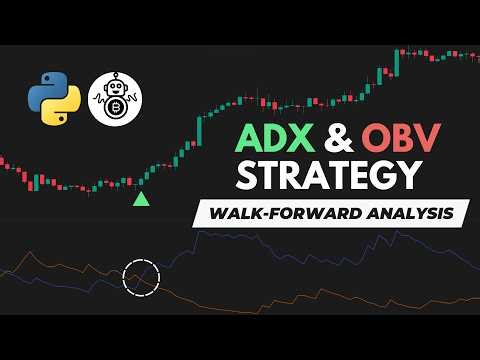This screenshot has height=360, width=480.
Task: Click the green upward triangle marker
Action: point(142,200)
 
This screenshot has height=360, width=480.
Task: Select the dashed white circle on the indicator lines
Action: point(141,275)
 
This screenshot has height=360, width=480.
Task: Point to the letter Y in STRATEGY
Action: point(400,176)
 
